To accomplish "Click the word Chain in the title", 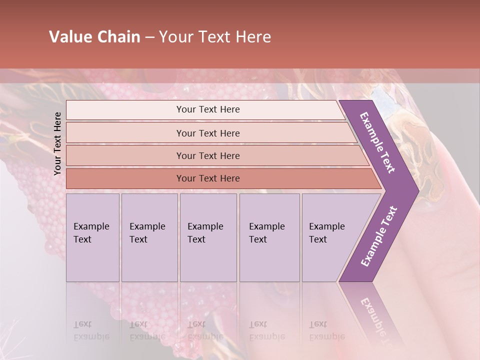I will (119, 37).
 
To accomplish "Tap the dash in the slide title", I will (150, 37).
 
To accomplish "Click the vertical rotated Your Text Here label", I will (57, 143).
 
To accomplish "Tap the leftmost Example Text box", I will (92, 237).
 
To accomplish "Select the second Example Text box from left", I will (149, 237).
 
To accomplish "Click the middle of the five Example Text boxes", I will (208, 237).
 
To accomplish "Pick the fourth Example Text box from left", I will (269, 237).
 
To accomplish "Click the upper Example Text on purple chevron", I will (378, 142).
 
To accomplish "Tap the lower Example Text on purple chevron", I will (378, 236).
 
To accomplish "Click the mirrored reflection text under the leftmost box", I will (91, 330).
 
